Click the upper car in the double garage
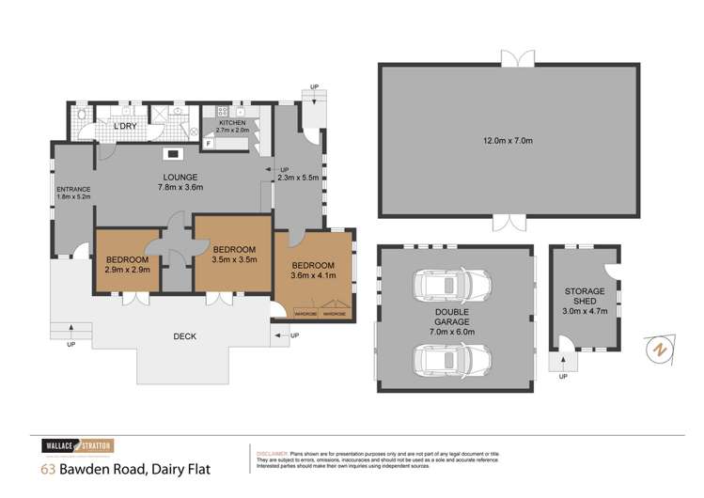(452, 284)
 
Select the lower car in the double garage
(452, 356)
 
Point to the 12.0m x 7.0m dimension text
(508, 141)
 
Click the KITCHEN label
(232, 123)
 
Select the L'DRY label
(126, 126)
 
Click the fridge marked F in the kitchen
(209, 143)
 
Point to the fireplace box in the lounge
(174, 153)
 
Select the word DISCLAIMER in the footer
(274, 452)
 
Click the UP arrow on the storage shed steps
(564, 377)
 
